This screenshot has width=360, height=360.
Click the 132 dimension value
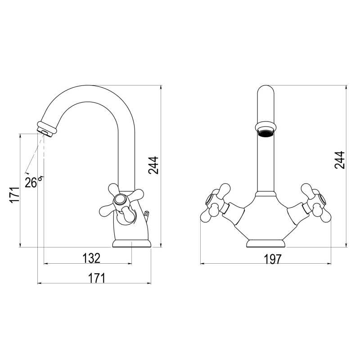91,258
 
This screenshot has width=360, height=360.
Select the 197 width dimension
273,260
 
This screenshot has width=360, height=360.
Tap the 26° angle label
33,182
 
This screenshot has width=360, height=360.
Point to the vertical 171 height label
14,195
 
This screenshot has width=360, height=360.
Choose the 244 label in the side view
153,165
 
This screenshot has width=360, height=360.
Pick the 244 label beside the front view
340,160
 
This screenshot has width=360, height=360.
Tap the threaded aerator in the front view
266,133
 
